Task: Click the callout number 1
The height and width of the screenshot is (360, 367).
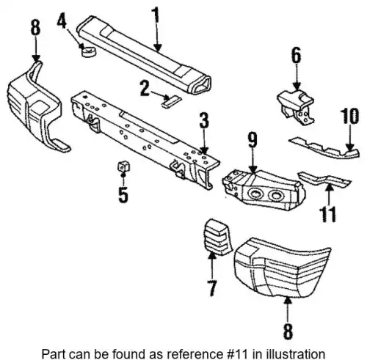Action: coord(156,15)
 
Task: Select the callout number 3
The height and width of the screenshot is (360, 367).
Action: coord(204,120)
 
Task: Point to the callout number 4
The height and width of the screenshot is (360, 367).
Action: coord(62,21)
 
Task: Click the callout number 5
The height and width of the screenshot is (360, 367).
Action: coord(123,195)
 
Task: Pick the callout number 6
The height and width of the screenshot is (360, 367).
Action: coord(296,56)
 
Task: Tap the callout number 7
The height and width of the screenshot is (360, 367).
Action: coord(212,288)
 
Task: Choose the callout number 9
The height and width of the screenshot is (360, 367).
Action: coord(252,140)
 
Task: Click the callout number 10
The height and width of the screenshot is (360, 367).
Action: coord(350,116)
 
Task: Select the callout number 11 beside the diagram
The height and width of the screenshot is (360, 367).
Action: coord(328,214)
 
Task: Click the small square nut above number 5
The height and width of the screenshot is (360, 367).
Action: coord(123,166)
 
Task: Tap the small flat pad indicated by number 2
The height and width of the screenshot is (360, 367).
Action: coord(170,101)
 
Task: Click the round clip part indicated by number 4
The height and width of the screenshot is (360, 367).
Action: coord(88,51)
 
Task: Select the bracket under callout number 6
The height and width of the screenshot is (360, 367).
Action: coord(297,107)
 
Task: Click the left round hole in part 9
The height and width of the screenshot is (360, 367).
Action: coord(255,194)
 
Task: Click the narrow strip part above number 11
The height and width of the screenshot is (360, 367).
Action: coord(324,180)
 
